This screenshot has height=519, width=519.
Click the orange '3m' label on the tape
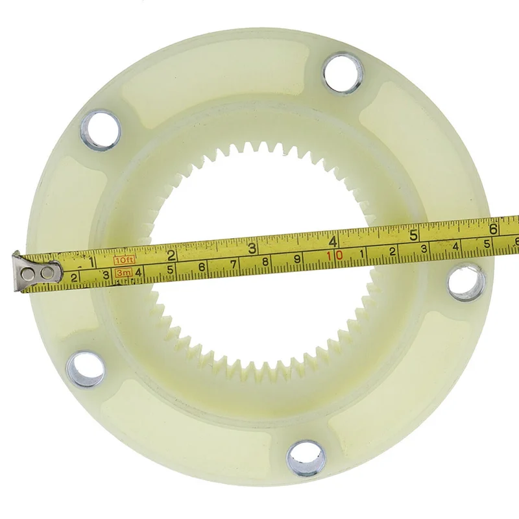pos(123,274)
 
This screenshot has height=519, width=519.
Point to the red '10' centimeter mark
pos(334,256)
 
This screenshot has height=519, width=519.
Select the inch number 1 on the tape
pos(91,261)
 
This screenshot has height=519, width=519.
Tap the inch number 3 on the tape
pos(252,247)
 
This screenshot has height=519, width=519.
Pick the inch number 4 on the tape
pos(333,239)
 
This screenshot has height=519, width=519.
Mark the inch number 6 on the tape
pos(494,228)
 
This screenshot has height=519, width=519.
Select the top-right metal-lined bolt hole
pos(343,73)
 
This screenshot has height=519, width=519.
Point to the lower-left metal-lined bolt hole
pos(85,368)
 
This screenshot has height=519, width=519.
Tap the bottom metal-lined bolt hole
pos(305,458)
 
